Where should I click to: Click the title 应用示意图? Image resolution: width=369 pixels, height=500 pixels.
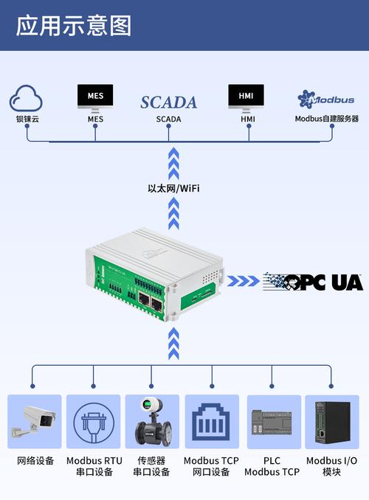pyautogui.click(x=74, y=26)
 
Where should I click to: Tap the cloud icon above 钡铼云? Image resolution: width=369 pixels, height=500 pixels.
pyautogui.click(x=26, y=98)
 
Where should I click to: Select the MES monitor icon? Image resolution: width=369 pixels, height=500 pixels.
pyautogui.click(x=95, y=98)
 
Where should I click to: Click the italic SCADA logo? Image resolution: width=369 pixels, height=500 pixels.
pyautogui.click(x=168, y=103)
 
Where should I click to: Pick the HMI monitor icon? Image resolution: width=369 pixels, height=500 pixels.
pyautogui.click(x=246, y=98)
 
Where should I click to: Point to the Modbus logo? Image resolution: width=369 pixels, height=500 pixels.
pyautogui.click(x=326, y=99)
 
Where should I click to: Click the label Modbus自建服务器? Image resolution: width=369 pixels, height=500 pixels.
pyautogui.click(x=326, y=119)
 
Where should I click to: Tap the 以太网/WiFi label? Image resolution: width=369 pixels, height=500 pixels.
pyautogui.click(x=173, y=189)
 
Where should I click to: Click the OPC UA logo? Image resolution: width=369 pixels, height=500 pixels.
pyautogui.click(x=313, y=282)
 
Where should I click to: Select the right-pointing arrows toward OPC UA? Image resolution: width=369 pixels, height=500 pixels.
pyautogui.click(x=244, y=281)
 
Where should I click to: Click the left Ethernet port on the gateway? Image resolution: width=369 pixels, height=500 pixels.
pyautogui.click(x=144, y=299)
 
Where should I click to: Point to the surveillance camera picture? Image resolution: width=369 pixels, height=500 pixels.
pyautogui.click(x=34, y=420)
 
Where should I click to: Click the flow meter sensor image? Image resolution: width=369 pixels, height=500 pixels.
pyautogui.click(x=153, y=421)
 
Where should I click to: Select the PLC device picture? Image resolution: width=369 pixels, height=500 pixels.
pyautogui.click(x=272, y=422)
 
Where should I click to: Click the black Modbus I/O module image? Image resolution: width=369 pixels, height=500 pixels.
pyautogui.click(x=332, y=423)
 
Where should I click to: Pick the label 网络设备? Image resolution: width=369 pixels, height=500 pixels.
pyautogui.click(x=35, y=461)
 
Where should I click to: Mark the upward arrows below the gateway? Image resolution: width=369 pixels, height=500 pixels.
pyautogui.click(x=173, y=344)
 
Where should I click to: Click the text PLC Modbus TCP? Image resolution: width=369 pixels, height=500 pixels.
pyautogui.click(x=272, y=466)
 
